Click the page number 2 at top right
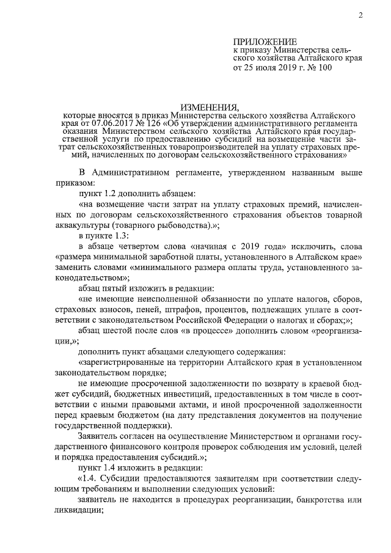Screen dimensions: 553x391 tap(361, 16)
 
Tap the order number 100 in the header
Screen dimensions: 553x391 tap(323, 68)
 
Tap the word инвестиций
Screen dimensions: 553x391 tap(170, 394)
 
